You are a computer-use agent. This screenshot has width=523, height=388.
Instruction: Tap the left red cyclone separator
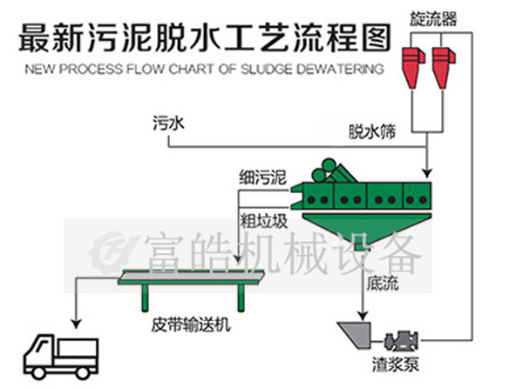click(x=412, y=60)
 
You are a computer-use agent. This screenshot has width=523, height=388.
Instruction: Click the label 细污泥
click(x=262, y=178)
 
